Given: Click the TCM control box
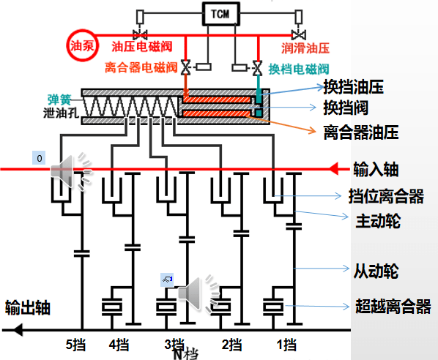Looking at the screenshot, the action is coord(221,14).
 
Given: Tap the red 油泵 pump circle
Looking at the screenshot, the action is coord(82,45).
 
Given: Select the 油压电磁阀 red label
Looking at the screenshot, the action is coord(142,47).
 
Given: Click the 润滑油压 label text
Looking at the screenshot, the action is coord(305,48).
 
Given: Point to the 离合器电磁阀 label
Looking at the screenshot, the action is coord(141,67).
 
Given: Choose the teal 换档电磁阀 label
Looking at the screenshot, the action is coord(299,69).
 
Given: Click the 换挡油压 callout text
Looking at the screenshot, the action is coord(353,87).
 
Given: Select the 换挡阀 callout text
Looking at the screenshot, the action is coord(346,108).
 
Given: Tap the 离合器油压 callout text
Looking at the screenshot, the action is coord(361,132).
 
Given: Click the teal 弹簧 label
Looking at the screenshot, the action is coord(59,100).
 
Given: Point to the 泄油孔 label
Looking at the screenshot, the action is coord(61,113).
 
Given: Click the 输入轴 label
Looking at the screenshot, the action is coord(376,170).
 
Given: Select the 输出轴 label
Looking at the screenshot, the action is coord(28,308).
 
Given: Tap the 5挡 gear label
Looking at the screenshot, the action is coord(75,345).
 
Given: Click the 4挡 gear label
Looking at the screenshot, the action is coord(119,345).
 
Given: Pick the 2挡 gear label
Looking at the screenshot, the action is coord(231,345).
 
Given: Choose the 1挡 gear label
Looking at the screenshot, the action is coord(286,345).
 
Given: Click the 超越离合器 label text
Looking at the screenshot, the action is coord(393,306).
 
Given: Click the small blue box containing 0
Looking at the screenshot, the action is coord(39,157).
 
